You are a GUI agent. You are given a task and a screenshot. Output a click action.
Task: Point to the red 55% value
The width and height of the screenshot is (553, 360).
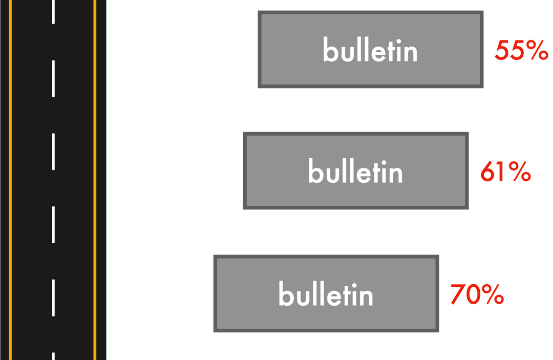521,51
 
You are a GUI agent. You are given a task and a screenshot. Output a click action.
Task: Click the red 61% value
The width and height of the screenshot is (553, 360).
505,173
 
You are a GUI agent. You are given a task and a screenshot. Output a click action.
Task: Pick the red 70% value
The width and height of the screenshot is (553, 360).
477,295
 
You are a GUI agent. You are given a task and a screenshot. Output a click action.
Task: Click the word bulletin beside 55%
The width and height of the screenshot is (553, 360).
370,51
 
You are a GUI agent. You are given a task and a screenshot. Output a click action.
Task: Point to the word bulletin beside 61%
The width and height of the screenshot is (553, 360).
355,172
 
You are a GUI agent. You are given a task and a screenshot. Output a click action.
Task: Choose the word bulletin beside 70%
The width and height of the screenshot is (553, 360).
326,294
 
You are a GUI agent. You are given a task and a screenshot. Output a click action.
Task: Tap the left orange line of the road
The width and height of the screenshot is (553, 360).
11,179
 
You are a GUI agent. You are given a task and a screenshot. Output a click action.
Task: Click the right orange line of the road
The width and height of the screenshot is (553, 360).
95,179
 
